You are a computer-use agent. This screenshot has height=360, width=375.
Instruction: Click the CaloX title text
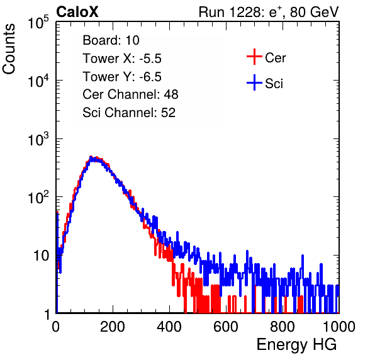(77, 12)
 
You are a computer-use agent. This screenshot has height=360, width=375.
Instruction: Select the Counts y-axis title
(9, 49)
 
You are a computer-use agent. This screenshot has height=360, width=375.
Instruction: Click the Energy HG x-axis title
(296, 345)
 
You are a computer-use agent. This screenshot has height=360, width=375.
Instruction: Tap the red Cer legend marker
(254, 57)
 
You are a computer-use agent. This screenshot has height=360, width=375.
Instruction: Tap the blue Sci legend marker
(254, 82)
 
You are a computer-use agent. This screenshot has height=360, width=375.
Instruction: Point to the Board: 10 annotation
(111, 40)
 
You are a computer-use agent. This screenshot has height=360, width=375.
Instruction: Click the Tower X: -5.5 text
(122, 59)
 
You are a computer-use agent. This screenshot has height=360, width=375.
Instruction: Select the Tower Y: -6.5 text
(122, 77)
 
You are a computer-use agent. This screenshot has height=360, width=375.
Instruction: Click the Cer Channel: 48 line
(130, 94)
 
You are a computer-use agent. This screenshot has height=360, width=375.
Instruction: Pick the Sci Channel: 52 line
(129, 113)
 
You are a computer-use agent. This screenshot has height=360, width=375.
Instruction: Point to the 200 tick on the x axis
(113, 327)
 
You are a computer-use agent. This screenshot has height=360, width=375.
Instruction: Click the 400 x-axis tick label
(169, 327)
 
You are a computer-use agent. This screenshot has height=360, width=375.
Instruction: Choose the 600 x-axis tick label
(226, 327)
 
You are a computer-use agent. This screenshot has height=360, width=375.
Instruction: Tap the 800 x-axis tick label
(283, 327)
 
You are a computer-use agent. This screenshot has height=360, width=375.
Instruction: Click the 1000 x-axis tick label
(339, 327)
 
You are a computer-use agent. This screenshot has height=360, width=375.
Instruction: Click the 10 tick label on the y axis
(42, 256)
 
